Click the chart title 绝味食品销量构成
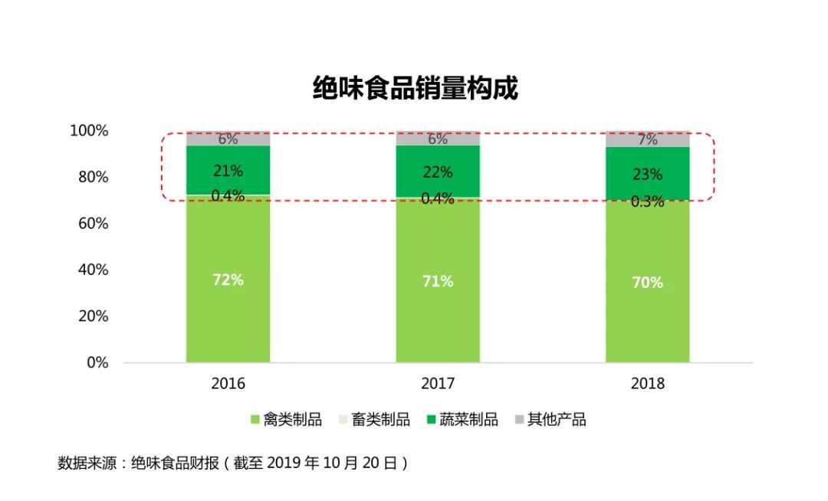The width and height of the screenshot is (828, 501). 415,88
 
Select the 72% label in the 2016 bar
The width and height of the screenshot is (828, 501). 228,280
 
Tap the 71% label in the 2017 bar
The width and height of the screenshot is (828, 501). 438,281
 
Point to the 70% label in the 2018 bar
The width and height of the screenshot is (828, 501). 647,283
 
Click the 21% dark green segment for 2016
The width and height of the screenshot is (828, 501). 228,170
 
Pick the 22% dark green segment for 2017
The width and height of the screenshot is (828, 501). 438,172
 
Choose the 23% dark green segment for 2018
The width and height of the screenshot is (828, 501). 647,174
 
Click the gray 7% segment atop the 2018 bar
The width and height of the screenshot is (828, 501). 647,140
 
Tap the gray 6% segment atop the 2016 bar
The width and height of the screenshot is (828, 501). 228,139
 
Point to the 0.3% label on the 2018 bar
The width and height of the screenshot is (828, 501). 647,202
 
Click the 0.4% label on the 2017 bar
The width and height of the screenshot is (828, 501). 438,199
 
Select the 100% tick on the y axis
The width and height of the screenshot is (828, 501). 89,131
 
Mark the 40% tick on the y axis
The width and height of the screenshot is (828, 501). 92,270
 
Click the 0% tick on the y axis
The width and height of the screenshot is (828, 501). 97,362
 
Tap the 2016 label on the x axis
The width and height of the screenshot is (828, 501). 228,384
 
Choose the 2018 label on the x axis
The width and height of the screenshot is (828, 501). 647,384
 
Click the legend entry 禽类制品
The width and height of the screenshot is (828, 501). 286,420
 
